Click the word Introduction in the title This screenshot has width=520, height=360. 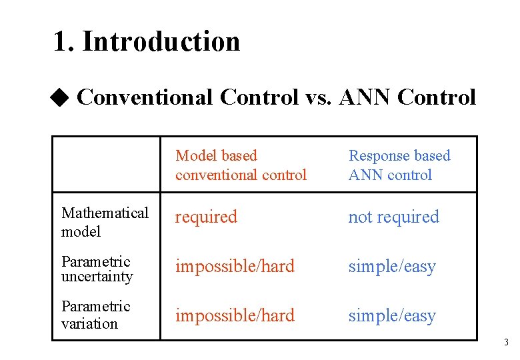click(161, 41)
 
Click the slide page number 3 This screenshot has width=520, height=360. click(506, 343)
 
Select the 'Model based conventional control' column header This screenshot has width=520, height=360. click(241, 165)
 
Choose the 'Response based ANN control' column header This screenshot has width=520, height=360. click(399, 165)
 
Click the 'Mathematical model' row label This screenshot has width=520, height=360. click(105, 222)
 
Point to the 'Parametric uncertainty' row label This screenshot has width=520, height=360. click(97, 269)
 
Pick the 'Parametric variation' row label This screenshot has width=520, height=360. click(95, 315)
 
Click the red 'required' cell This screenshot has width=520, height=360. click(206, 217)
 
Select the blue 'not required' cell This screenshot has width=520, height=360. click(393, 217)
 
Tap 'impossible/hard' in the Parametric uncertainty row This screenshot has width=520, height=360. click(235, 266)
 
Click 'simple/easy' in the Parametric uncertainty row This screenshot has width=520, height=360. click(391, 266)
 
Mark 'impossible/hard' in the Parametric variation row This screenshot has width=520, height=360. click(235, 315)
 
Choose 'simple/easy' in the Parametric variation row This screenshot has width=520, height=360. click(391, 315)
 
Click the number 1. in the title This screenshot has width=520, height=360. click(64, 41)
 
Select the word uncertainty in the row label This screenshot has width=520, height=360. click(97, 277)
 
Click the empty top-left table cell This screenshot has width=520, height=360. click(107, 165)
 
